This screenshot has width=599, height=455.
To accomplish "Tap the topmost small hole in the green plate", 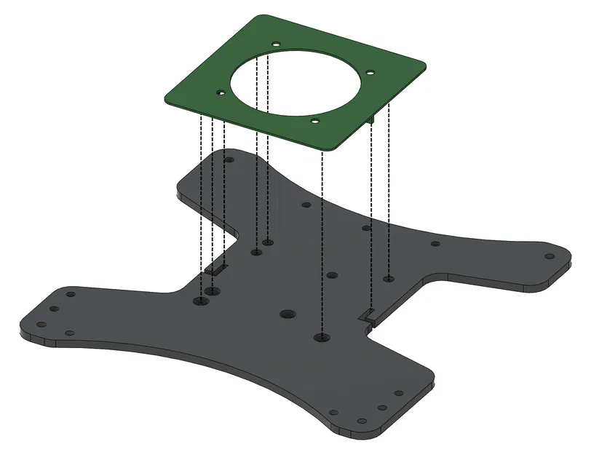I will tap(276, 44).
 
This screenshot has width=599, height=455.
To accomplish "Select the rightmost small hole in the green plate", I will tap(370, 73).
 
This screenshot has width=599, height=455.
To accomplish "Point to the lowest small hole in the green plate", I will tap(315, 122).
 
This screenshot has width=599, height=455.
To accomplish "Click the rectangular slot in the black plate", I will tap(216, 269).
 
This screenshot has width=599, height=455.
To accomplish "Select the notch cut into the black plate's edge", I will tap(369, 316).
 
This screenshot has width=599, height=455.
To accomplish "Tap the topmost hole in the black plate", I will tap(229, 159).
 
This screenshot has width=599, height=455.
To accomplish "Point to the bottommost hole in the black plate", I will tap(360, 420).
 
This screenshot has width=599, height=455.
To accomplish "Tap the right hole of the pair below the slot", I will tap(213, 292).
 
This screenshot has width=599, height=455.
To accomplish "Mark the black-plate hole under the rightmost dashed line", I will tap(389, 278).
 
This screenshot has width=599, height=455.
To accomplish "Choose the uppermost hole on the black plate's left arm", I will tap(71, 295).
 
